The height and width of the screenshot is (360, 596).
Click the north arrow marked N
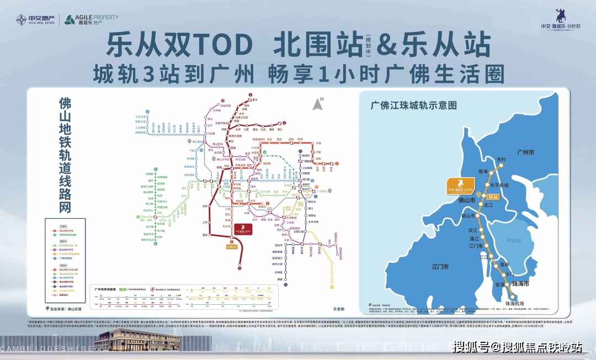click(318, 103)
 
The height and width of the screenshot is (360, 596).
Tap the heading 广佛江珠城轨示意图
click(410, 105)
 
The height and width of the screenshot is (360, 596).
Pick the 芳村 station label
click(501, 160)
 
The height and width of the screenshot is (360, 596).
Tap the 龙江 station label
click(488, 205)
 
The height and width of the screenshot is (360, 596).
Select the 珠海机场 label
click(517, 304)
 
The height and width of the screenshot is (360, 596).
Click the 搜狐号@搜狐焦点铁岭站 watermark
click(517, 347)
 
